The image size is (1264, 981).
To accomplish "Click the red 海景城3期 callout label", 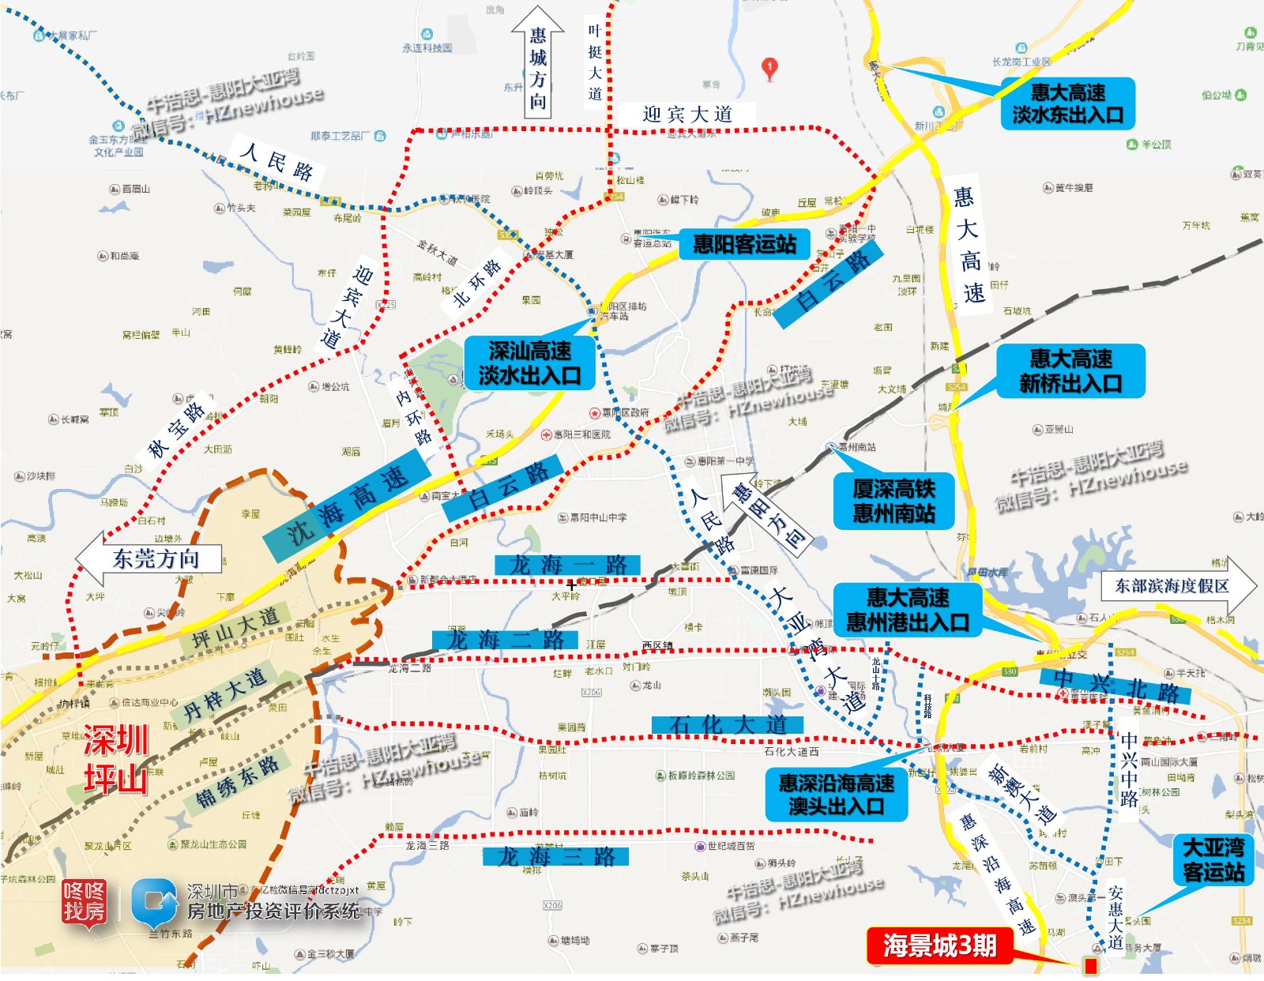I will point(939,945).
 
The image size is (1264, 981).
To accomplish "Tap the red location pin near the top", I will point(769,68).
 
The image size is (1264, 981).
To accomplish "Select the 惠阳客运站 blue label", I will point(744,244).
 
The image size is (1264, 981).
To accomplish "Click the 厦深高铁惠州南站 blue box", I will point(893,501).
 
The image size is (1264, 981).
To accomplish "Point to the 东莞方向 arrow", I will point(150,559).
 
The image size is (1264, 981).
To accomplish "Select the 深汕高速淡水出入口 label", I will point(529,363).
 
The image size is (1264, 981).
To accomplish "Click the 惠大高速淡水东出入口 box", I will point(1067,103).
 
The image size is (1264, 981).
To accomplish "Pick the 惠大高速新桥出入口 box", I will point(1070,370).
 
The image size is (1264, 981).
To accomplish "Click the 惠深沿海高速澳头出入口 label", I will point(836,794).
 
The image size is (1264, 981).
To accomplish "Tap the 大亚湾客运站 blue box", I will point(1213,860).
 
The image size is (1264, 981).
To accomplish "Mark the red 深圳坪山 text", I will point(116,759).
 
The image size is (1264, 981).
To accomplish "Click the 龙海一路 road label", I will point(567,565).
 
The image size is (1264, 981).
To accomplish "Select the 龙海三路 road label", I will point(555,856).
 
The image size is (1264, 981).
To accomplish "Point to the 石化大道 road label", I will point(727,724).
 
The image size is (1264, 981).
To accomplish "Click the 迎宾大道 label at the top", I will point(687,115).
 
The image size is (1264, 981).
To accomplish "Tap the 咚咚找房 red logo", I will point(85,902).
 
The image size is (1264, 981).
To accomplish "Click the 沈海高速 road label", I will point(348,506).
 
